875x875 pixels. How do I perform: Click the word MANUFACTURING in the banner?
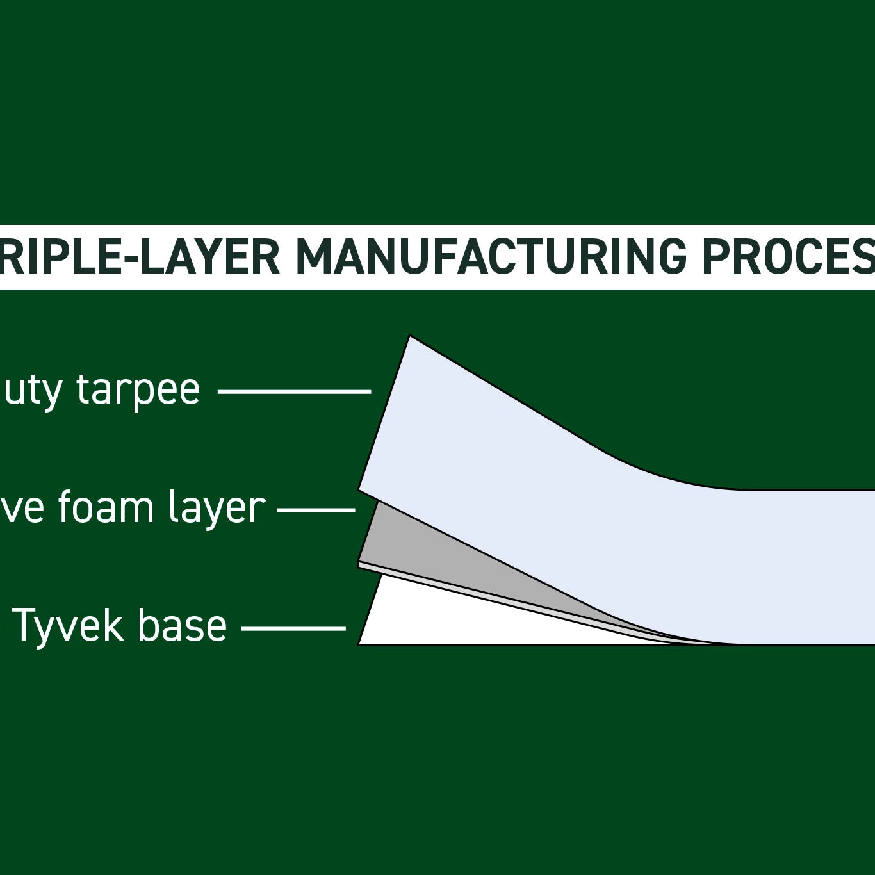coord(491,257)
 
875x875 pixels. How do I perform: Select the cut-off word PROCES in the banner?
coord(788,257)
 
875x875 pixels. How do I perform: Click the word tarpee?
coord(138,390)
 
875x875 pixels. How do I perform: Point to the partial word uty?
coord(32,390)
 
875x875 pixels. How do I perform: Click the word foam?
coord(106,508)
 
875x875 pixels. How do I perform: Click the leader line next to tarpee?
coord(295,391)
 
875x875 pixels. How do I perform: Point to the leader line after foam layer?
coord(316,510)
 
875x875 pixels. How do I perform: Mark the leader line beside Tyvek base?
coord(293,628)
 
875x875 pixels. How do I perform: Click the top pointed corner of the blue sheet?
coord(410,337)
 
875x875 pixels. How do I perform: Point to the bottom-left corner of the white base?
coord(360,643)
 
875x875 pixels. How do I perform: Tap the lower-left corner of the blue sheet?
coord(359,489)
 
